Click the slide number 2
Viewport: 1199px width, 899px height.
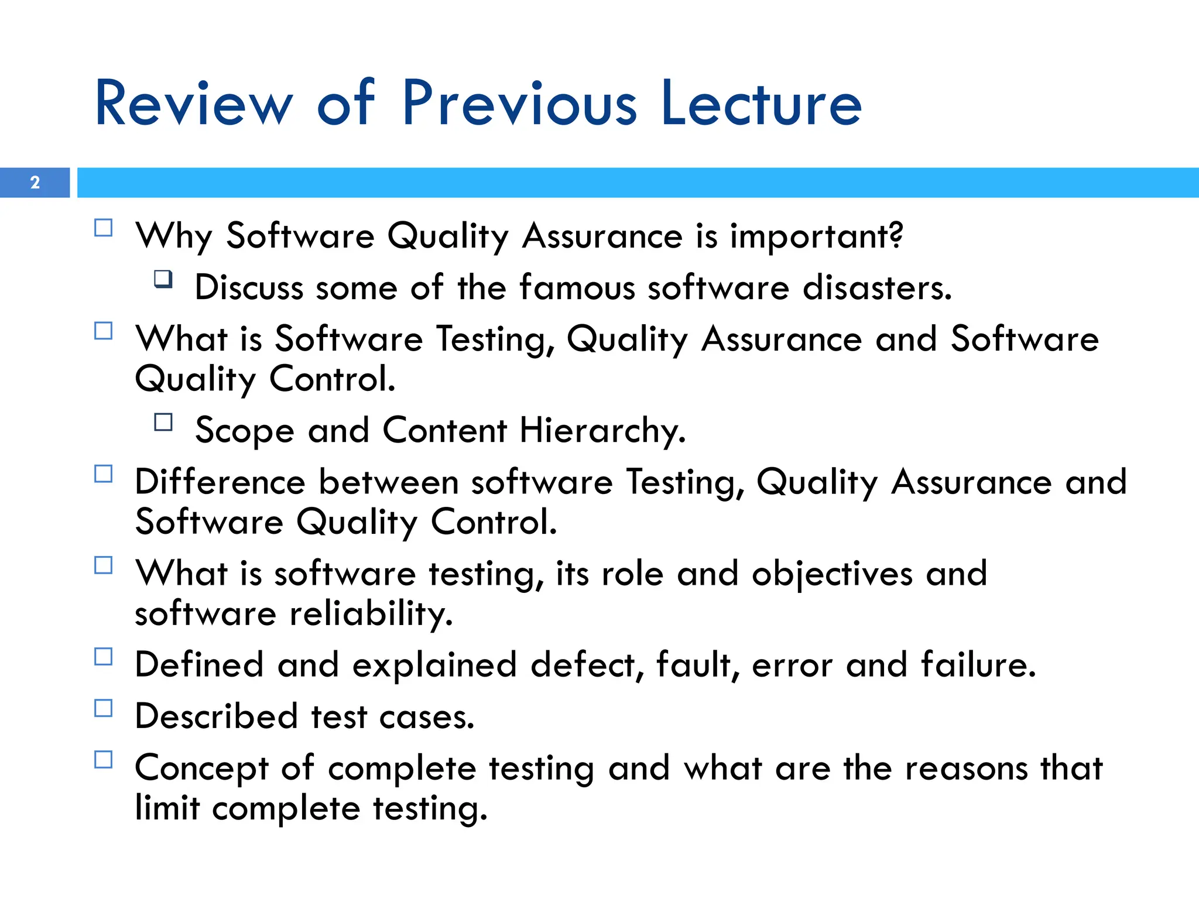35,183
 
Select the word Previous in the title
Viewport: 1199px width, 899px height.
519,104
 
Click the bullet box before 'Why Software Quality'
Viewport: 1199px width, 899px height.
104,228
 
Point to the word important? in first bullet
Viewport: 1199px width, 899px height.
816,236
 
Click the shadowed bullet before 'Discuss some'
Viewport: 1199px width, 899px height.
163,279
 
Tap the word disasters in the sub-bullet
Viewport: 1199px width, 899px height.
876,288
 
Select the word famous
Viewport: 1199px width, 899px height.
577,288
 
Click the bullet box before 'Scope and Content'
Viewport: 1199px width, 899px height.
163,422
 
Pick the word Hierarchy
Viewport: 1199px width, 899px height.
602,431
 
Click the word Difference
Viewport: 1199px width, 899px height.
220,482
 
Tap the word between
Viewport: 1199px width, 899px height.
388,482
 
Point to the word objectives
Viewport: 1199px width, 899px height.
832,574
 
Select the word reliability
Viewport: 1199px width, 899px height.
371,614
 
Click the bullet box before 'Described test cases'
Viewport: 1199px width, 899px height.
104,708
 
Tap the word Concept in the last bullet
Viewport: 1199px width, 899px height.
201,768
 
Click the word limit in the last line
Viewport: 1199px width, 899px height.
167,808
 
